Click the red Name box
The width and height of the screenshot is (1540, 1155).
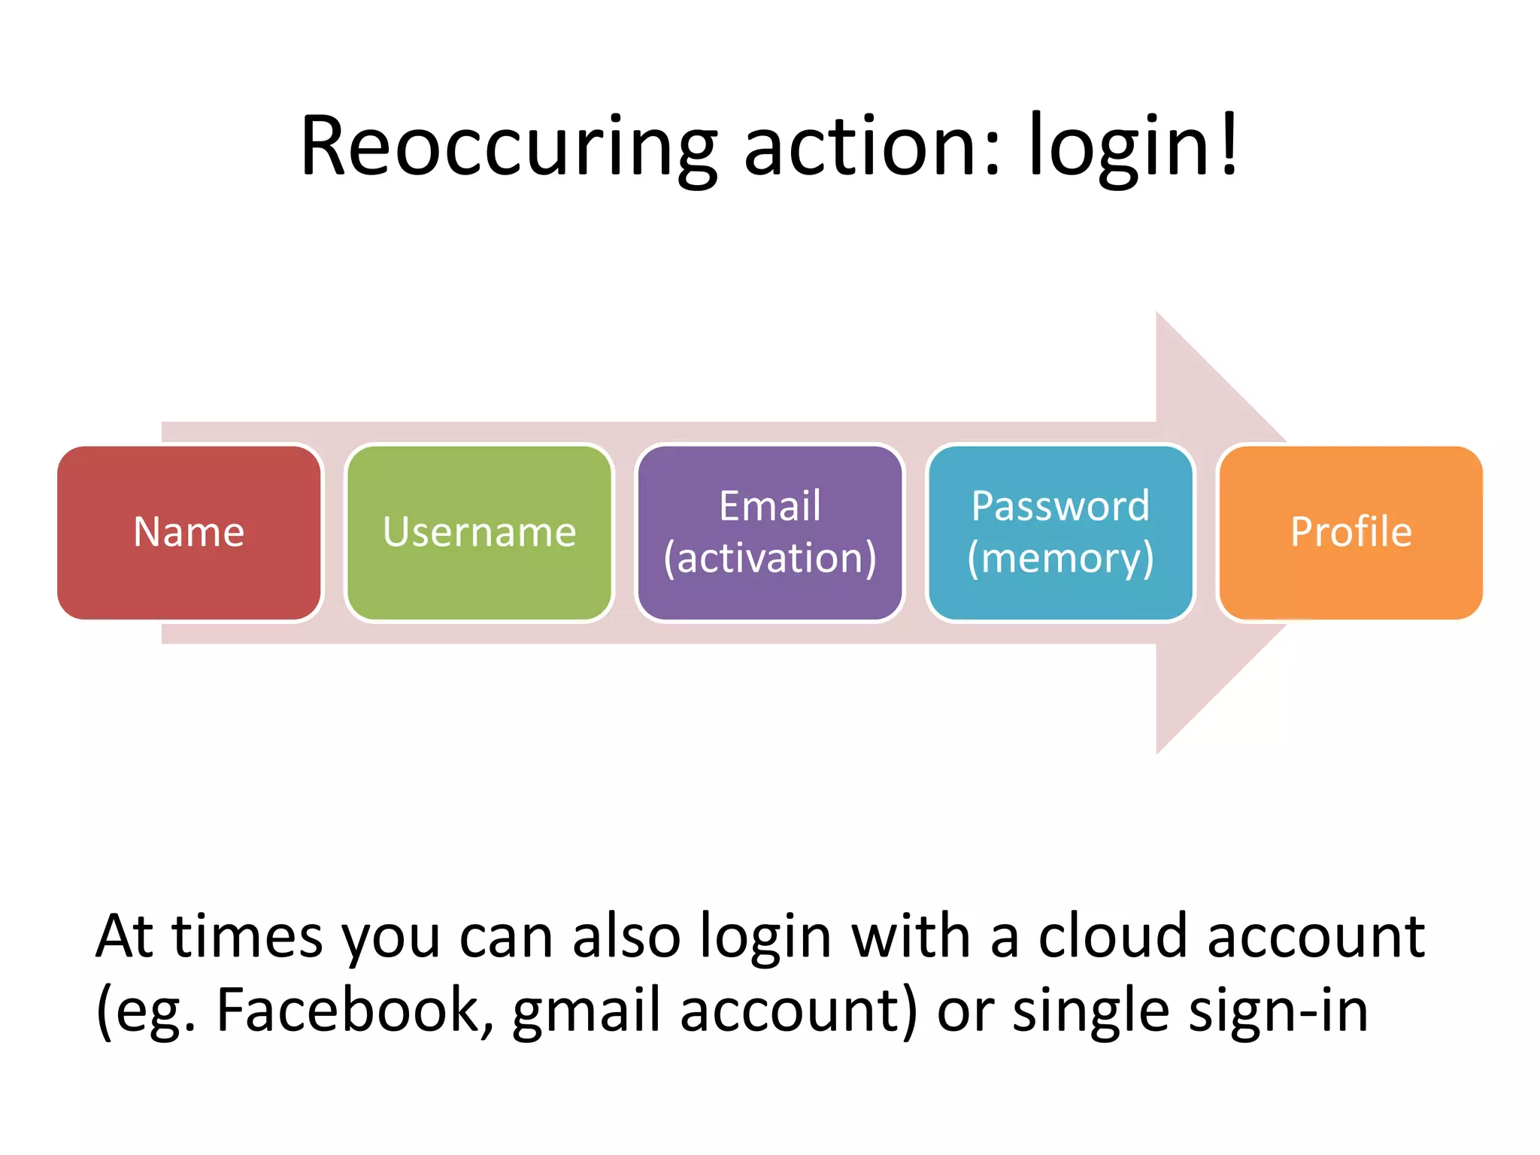pos(189,532)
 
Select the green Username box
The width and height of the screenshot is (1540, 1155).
pos(479,532)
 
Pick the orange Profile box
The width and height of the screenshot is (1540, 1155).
pos(1351,532)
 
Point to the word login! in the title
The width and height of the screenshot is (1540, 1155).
pos(1132,147)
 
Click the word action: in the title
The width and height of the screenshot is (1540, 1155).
pos(872,147)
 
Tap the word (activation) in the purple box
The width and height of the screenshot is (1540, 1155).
pos(769,558)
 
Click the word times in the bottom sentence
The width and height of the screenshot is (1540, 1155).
pos(247,936)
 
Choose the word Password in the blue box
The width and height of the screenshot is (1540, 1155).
pos(1060,506)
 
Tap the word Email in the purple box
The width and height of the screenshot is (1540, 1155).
pos(769,506)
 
